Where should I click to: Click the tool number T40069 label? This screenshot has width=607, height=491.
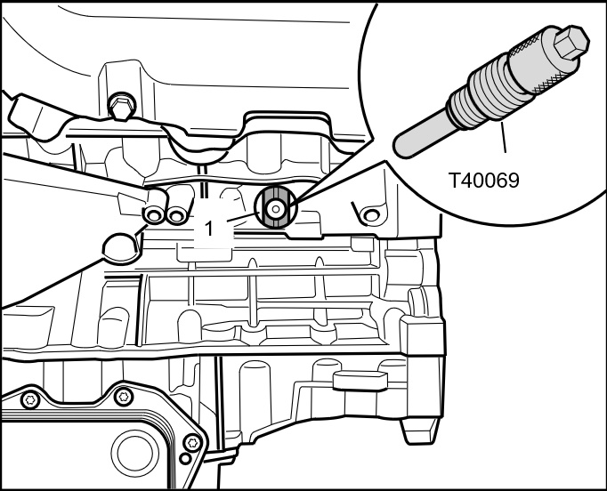click(483, 181)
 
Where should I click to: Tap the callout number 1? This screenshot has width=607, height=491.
click(208, 229)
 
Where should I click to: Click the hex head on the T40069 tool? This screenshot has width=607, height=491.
click(571, 42)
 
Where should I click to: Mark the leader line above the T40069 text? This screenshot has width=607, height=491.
click(503, 137)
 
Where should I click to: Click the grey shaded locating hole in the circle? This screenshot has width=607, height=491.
click(275, 209)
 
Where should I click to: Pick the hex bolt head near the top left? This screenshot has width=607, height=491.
click(121, 105)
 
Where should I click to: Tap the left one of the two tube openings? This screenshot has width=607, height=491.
click(154, 215)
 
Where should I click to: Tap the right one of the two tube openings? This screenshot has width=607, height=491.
click(177, 215)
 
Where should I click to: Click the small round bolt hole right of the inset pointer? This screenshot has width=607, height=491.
click(371, 214)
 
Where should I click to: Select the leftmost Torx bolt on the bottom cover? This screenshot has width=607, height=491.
click(30, 400)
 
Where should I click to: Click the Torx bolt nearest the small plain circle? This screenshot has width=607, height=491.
click(192, 443)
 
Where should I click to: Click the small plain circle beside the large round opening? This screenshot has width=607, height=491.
click(185, 459)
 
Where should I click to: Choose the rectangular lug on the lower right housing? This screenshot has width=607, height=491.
click(360, 380)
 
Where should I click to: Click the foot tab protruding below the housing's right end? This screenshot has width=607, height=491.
click(419, 431)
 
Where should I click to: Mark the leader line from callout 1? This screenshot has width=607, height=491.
click(243, 217)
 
